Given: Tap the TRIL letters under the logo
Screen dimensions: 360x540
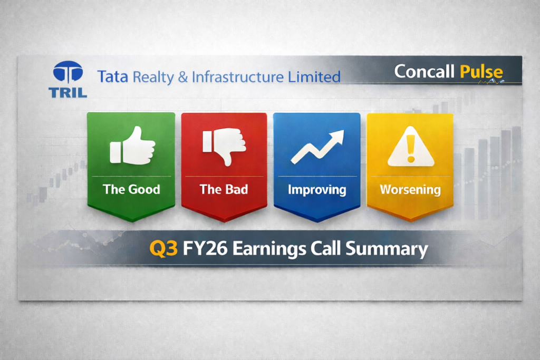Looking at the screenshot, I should point(67,93).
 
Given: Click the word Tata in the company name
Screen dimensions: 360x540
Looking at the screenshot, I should point(113,77).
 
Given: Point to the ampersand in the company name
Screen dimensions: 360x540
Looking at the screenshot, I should point(183,77).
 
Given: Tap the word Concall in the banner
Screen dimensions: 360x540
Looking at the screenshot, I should point(425,71).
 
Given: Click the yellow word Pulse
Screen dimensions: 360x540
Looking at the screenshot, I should point(481,71).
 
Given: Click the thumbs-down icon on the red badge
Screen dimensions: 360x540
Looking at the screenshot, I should point(224,145).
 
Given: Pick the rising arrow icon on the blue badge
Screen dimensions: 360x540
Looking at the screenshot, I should point(317,147).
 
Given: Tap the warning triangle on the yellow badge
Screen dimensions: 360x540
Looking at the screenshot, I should point(410,149).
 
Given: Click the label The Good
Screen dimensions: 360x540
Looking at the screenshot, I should point(131,189).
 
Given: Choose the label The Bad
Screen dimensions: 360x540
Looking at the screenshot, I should point(224,189).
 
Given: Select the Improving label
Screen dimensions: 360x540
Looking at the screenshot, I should point(317,189).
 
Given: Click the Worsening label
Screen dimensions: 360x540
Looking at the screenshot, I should point(410,189).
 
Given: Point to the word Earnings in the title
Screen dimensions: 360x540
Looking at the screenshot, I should point(268,248).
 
